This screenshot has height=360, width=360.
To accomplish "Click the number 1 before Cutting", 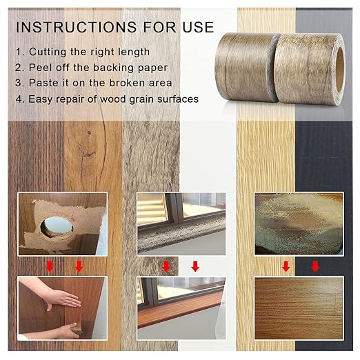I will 19,53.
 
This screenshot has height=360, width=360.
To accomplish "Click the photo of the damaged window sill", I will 181,223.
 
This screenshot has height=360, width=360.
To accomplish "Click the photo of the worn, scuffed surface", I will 298,223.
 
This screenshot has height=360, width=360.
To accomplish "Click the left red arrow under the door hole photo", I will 49,266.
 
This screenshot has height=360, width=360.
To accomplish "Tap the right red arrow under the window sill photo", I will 196,266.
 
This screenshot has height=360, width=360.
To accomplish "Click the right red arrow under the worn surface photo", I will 315,266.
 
